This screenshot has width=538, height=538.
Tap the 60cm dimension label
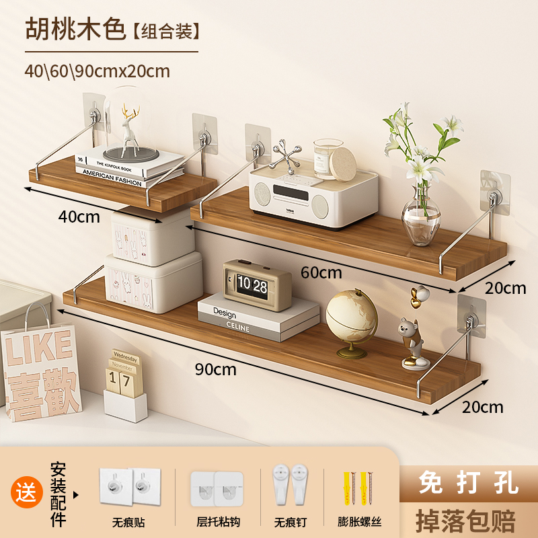tap(321, 273)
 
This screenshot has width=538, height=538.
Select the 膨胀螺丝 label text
tap(360, 522)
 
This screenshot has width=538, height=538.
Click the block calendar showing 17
tap(123, 381)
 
